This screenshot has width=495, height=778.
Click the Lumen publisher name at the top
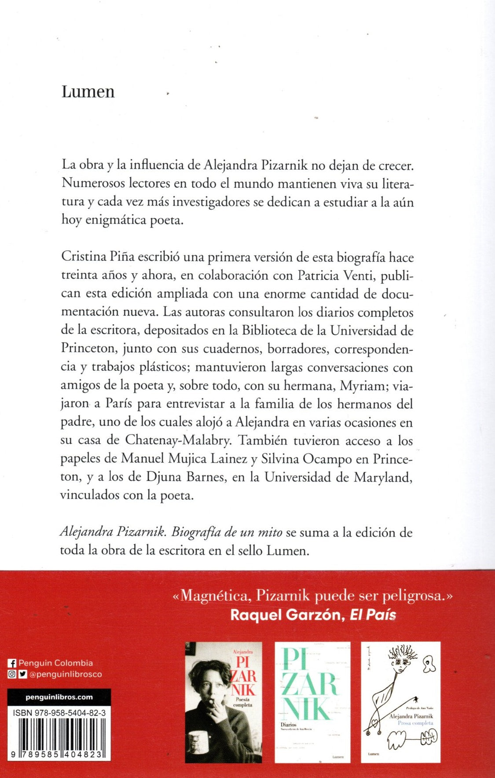click(88, 91)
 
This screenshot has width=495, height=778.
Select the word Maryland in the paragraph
click(383, 477)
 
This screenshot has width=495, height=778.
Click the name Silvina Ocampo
click(307, 459)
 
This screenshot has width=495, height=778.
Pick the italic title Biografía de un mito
click(227, 532)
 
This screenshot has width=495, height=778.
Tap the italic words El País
click(373, 614)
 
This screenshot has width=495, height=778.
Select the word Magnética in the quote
click(214, 595)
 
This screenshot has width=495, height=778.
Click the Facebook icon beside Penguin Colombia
click(12, 663)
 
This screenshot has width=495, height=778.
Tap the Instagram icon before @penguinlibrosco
click(12, 674)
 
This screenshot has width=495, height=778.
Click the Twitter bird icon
click(22, 674)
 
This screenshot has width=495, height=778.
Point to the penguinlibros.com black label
click(59, 697)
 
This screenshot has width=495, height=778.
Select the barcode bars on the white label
click(59, 737)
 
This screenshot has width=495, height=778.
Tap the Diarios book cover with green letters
click(312, 702)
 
